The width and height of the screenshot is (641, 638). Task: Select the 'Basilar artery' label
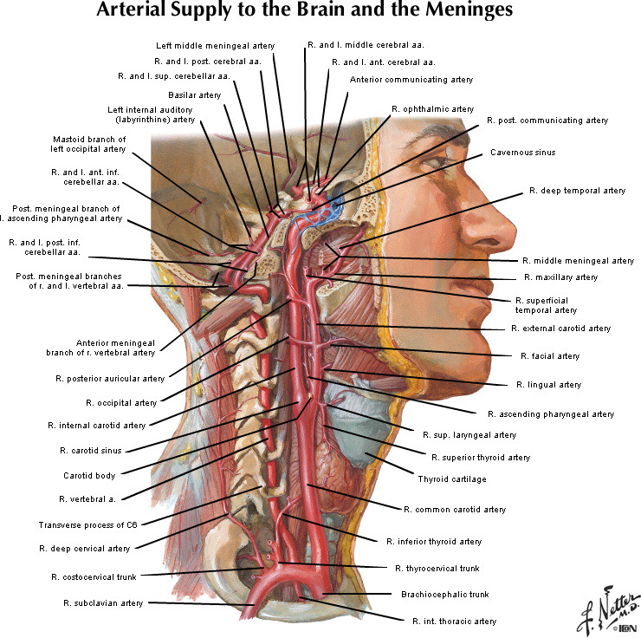194,94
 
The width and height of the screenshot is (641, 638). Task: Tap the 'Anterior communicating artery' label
411,80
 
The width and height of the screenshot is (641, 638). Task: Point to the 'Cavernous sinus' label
522,153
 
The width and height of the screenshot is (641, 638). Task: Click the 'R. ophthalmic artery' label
432,109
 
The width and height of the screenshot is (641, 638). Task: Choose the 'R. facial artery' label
550,355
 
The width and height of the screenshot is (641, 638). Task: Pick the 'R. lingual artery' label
548,384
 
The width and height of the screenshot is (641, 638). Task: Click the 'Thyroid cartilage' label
451,478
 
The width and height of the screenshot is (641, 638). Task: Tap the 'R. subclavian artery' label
103,602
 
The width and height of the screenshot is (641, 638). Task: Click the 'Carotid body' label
89,475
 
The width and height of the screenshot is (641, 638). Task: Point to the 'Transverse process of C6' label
87,524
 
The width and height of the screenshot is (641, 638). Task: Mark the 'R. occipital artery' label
121,402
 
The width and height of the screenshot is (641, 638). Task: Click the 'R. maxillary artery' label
560,277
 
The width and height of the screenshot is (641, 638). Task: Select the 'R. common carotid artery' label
455,509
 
